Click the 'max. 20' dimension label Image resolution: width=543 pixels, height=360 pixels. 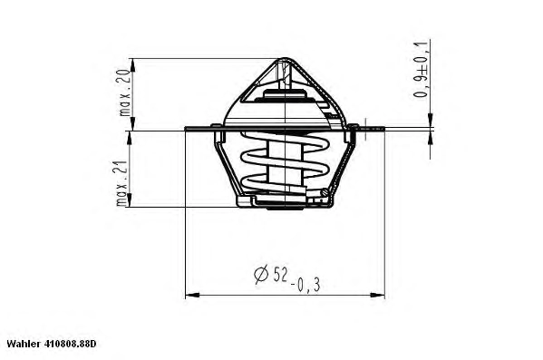[x=124, y=92]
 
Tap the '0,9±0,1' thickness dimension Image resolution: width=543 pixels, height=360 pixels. [x=420, y=69]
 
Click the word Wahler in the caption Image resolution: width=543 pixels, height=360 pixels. [x=24, y=344]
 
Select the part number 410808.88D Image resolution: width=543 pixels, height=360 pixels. [x=70, y=344]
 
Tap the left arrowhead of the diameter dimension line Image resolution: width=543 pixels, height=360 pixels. [x=192, y=296]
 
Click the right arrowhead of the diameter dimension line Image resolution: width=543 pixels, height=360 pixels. [x=377, y=296]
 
